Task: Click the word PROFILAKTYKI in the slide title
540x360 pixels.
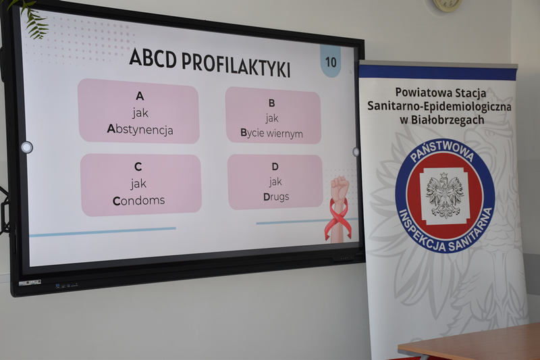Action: pyautogui.click(x=236, y=64)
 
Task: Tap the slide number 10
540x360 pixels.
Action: pyautogui.click(x=331, y=62)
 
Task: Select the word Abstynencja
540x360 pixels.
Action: pyautogui.click(x=140, y=130)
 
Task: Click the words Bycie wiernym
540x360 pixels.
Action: pyautogui.click(x=272, y=133)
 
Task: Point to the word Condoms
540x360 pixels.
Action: pyautogui.click(x=139, y=201)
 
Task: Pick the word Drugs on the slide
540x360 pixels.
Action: pyautogui.click(x=276, y=197)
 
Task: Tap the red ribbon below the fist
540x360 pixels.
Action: pyautogui.click(x=337, y=220)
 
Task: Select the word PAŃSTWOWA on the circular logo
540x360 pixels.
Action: pyautogui.click(x=442, y=150)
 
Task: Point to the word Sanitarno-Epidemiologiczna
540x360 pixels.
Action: pyautogui.click(x=439, y=106)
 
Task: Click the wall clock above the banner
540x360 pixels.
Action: pyautogui.click(x=447, y=5)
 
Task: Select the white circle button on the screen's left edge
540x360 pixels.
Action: pyautogui.click(x=26, y=147)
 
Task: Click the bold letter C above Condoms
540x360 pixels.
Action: pyautogui.click(x=138, y=167)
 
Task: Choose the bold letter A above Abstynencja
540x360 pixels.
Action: pyautogui.click(x=140, y=96)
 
